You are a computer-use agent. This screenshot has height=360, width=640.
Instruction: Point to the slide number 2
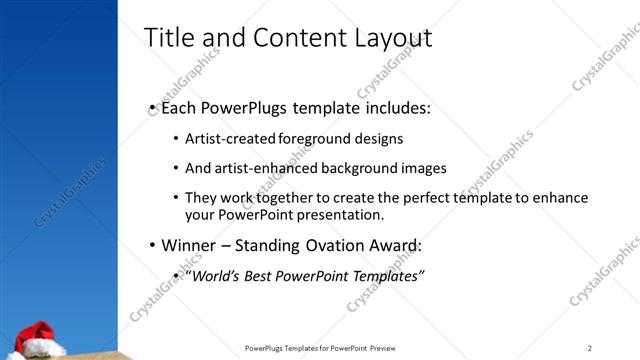click(x=591, y=347)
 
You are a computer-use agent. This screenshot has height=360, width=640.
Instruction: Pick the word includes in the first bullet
click(x=397, y=107)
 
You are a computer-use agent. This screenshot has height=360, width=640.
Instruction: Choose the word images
click(x=423, y=168)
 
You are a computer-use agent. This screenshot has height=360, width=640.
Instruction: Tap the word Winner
click(x=188, y=245)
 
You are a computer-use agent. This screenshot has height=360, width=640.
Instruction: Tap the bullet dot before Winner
click(x=152, y=245)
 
